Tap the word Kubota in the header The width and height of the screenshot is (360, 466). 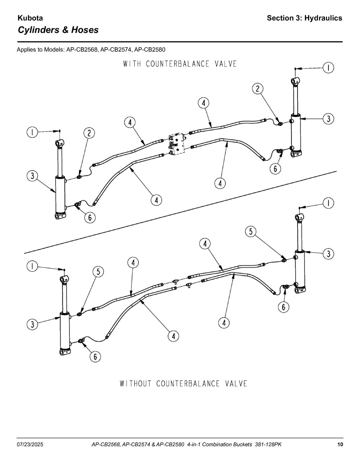[30, 18]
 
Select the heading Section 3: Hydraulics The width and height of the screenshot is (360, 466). [304, 18]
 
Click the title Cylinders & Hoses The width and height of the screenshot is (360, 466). [58, 30]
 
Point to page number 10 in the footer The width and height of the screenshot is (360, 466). [340, 444]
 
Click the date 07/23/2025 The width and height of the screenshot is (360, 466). [30, 444]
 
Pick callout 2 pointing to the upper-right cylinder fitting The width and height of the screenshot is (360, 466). [257, 89]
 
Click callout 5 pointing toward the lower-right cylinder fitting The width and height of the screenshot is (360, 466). [251, 232]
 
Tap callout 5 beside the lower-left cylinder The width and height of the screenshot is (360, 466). [98, 272]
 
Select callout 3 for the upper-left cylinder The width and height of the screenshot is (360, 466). [32, 176]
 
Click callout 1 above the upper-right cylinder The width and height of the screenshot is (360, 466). [329, 68]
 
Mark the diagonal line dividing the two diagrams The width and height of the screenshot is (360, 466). [180, 212]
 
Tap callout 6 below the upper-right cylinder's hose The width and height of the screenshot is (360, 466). [275, 169]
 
